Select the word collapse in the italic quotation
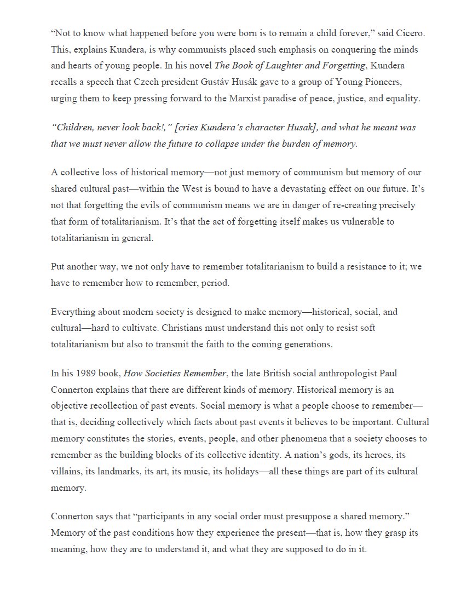click(x=222, y=144)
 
